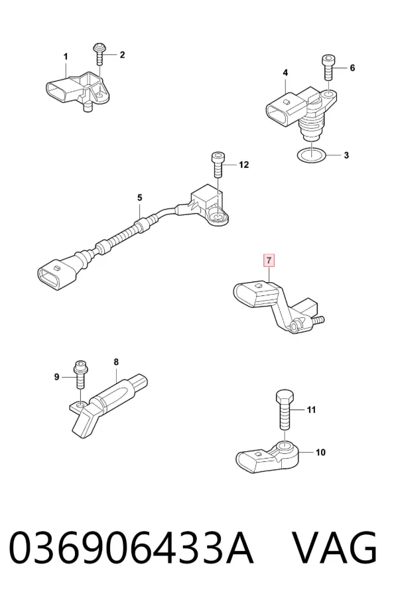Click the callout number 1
pos(66,57)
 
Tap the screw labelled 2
pos(100,54)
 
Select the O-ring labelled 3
pos(312,155)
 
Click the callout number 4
pos(285,72)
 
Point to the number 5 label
pos(139,198)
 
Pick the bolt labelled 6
pos(328,68)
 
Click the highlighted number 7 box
pos(269,261)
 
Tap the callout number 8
pos(116,362)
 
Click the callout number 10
pos(320,452)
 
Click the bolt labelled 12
pos(218,165)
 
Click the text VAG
pos(335,548)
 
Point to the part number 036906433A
pos(131,548)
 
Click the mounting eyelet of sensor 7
pos(295,326)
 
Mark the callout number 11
pos(311,410)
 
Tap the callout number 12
pos(243,165)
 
